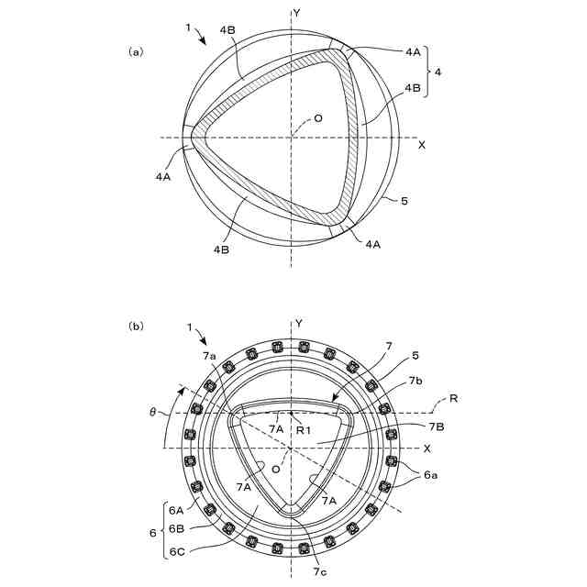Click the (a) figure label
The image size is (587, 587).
pyautogui.click(x=136, y=52)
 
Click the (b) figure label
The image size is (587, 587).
pyautogui.click(x=136, y=327)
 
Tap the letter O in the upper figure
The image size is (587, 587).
pyautogui.click(x=318, y=118)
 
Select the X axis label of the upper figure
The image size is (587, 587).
pyautogui.click(x=422, y=145)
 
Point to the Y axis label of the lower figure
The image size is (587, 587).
pyautogui.click(x=299, y=324)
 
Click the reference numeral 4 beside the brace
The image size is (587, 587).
pyautogui.click(x=437, y=72)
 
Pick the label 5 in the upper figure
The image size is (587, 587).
pyautogui.click(x=404, y=201)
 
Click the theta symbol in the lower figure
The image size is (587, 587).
pyautogui.click(x=152, y=414)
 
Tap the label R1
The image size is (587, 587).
pyautogui.click(x=304, y=430)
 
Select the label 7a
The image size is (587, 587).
pyautogui.click(x=210, y=356)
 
